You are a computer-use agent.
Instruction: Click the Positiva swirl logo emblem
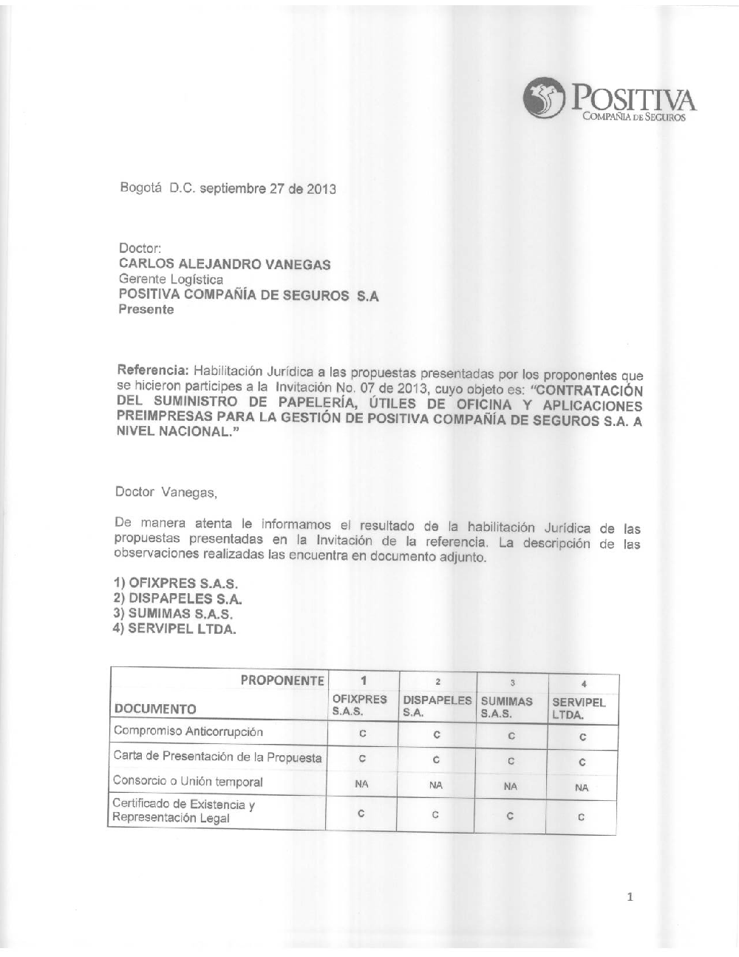click(544, 98)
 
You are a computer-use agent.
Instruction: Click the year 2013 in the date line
click(321, 189)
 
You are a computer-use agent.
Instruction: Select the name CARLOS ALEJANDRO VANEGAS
click(225, 264)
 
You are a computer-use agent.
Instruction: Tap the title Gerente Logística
click(171, 280)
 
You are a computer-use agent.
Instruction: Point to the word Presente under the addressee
click(146, 310)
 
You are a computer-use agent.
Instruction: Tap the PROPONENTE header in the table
click(282, 680)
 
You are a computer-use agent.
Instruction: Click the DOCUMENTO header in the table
click(154, 709)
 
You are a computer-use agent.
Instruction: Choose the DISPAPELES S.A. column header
click(437, 706)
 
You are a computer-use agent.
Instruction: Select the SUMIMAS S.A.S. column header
click(506, 707)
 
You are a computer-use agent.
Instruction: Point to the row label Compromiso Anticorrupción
click(188, 731)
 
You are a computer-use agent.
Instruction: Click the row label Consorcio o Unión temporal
click(188, 781)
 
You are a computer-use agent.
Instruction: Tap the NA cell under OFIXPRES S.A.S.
click(362, 785)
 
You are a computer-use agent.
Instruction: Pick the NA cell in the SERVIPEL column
click(582, 788)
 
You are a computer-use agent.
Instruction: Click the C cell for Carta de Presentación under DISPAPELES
click(437, 760)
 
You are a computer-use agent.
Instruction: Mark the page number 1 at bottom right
click(630, 897)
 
